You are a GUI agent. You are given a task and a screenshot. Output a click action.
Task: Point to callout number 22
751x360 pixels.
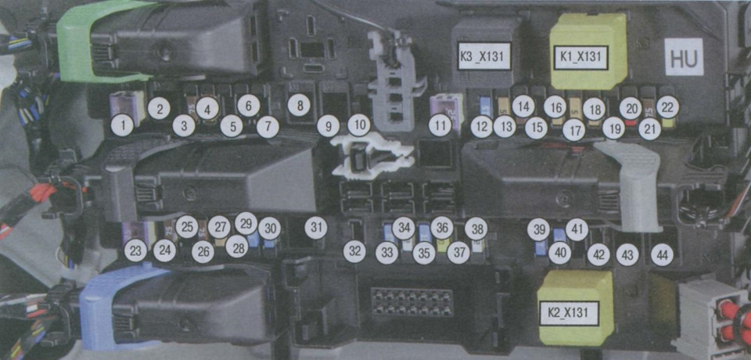[667, 108]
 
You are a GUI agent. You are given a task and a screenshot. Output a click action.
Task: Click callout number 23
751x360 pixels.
[135, 250]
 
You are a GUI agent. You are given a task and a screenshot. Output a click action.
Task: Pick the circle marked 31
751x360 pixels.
[316, 227]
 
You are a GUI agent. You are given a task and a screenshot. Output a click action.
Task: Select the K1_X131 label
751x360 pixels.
[580, 59]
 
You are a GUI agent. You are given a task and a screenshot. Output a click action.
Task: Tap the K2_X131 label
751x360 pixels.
[569, 314]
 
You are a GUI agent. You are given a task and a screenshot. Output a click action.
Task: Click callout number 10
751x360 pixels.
[359, 125]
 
